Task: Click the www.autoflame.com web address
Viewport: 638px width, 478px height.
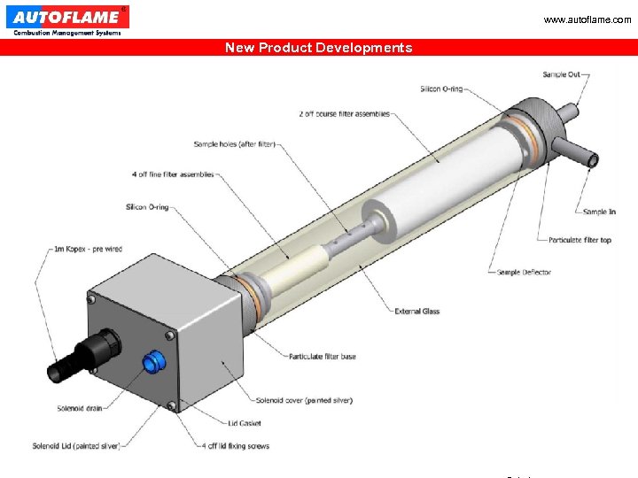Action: click(x=587, y=19)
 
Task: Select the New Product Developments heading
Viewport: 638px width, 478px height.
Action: click(x=318, y=48)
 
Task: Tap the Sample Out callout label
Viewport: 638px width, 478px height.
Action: click(x=561, y=74)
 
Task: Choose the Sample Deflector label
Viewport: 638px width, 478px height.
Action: click(x=524, y=272)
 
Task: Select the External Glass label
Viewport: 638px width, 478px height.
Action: click(x=417, y=311)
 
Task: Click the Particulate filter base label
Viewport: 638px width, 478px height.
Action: click(x=323, y=357)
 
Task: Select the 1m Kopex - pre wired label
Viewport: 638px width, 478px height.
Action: click(x=88, y=250)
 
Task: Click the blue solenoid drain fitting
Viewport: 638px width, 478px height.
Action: click(x=154, y=361)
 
